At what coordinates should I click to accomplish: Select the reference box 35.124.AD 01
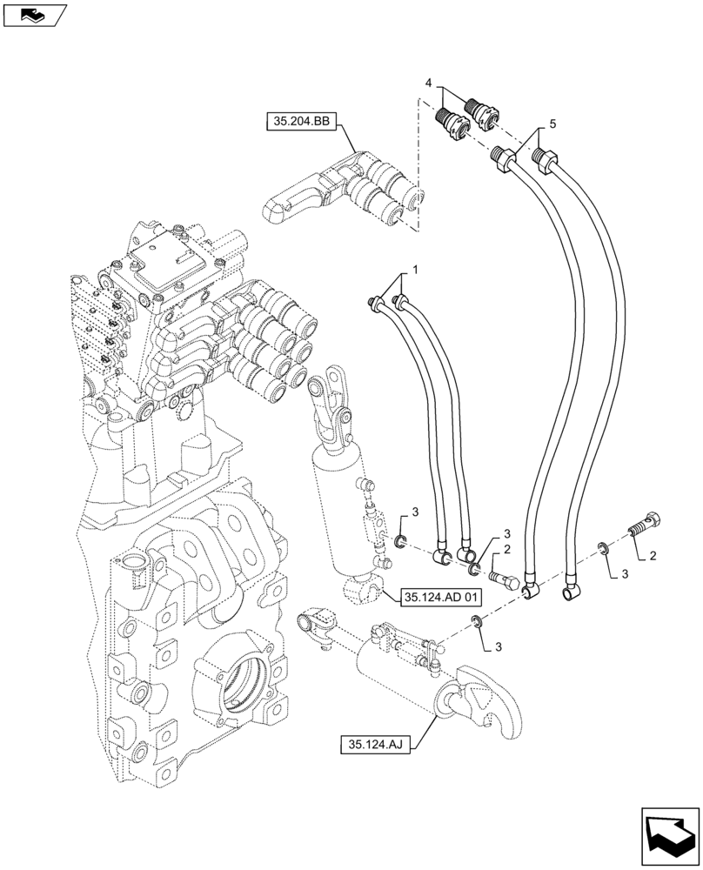440,597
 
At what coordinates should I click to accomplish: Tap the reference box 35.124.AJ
377,744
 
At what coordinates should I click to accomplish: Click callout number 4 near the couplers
428,82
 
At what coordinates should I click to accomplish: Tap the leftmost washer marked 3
399,545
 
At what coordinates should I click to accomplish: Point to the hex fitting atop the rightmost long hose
546,161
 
